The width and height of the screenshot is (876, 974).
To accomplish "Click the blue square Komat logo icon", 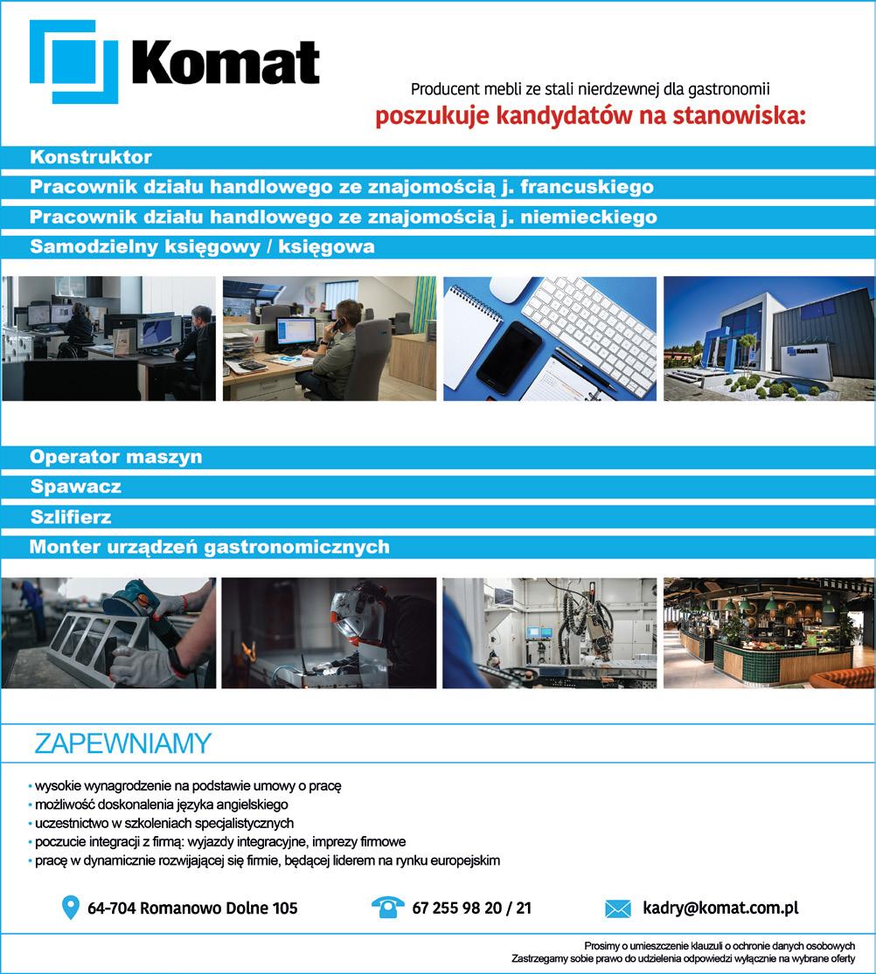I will point(73,62).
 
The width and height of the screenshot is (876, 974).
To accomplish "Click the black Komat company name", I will point(226,64).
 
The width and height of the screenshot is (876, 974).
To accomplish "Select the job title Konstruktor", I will point(91,158).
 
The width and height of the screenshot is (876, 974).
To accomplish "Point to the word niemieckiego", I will point(584,217).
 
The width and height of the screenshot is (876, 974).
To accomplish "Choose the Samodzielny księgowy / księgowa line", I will point(202,246).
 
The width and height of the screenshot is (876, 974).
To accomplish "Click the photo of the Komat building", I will point(768,339).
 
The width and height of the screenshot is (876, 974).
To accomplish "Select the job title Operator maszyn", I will point(115,457).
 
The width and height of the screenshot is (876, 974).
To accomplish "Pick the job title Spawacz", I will point(75,487).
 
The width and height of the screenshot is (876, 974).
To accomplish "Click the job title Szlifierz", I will point(71,516).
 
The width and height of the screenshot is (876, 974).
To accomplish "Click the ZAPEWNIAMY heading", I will point(122,743).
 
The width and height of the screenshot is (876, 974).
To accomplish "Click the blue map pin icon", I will point(71,908).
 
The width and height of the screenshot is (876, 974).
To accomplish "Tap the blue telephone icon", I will point(387,908).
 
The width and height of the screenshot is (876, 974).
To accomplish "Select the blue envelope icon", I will point(617,908).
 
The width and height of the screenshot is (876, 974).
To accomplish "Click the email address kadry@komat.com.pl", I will point(720,908).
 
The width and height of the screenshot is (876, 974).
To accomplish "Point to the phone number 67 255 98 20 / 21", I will point(471,908).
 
